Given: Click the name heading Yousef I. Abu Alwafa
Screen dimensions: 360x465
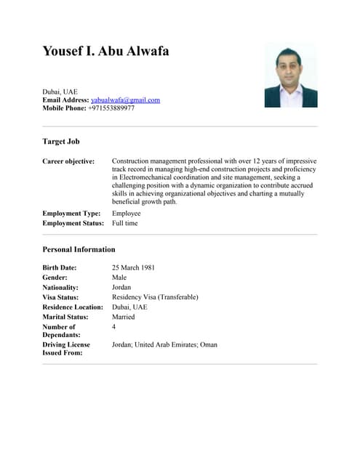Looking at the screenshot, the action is click(x=105, y=52).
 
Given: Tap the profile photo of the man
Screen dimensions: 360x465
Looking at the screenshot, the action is click(x=290, y=75).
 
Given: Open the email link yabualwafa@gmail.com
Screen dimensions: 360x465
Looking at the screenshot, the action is click(x=125, y=100).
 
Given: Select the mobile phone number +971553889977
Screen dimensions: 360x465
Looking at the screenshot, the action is click(x=111, y=108).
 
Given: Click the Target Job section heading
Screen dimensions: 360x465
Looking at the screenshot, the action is click(x=61, y=141).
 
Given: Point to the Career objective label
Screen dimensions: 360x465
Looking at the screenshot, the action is click(x=68, y=161).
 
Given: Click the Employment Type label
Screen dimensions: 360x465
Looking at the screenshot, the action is click(x=71, y=214).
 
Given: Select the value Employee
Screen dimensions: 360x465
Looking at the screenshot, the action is click(x=126, y=214).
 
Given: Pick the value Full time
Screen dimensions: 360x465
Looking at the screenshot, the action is click(x=124, y=223).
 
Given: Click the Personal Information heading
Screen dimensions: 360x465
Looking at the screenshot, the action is click(x=79, y=249).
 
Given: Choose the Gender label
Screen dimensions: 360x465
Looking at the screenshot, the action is click(x=55, y=278).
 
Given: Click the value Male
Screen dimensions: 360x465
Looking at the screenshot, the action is click(x=119, y=278).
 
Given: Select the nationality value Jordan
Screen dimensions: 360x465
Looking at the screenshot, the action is click(x=121, y=287).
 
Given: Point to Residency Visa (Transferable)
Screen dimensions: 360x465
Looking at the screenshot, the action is click(x=155, y=297).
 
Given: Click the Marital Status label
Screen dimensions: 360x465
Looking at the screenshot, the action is click(x=66, y=317).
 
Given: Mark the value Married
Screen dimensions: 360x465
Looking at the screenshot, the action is click(x=124, y=317).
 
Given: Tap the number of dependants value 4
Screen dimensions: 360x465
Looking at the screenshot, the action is click(x=114, y=327).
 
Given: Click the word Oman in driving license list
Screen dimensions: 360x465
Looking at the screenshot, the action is click(x=208, y=344).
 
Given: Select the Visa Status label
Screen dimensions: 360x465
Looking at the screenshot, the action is click(x=60, y=297).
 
